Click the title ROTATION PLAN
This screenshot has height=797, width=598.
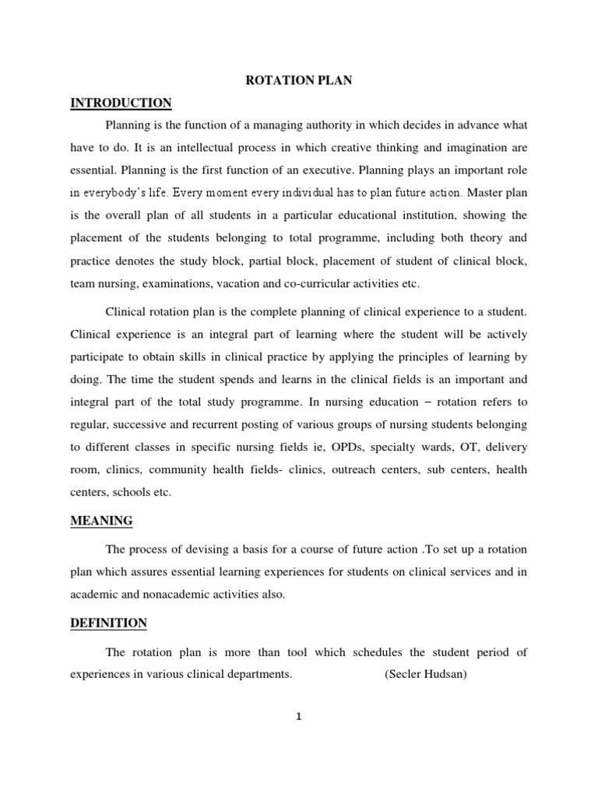coord(299,81)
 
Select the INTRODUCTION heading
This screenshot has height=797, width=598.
coord(121,103)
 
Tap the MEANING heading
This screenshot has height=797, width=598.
coord(100,520)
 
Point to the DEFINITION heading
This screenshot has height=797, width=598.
coord(108,623)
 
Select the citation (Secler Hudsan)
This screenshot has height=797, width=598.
coord(426,674)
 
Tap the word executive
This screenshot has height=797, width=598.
coord(322,169)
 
